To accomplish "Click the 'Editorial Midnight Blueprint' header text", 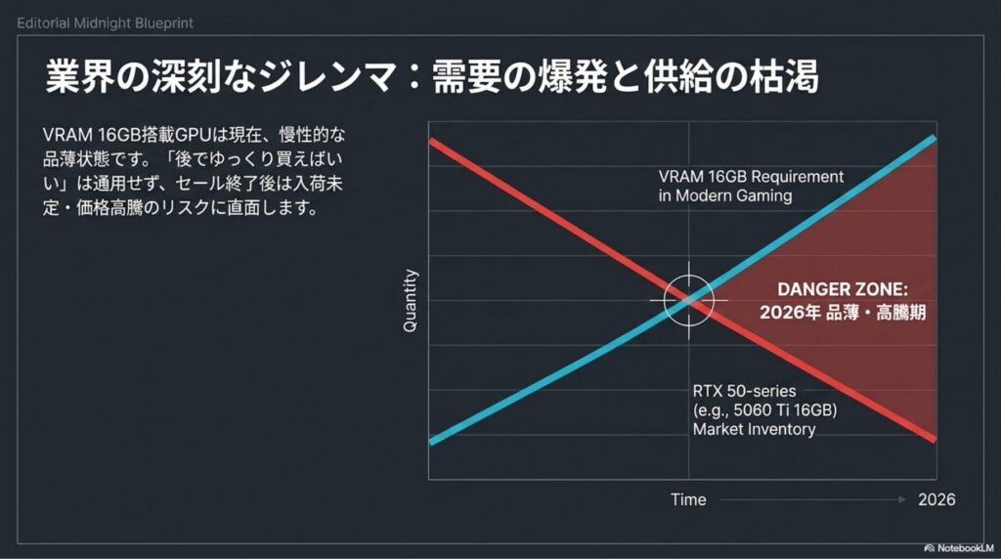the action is pyautogui.click(x=105, y=23).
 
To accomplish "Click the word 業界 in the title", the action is pyautogui.click(x=80, y=77).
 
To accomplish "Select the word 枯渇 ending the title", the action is pyautogui.click(x=784, y=77).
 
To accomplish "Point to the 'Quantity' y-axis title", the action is pyautogui.click(x=410, y=300).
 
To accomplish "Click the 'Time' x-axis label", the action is pyautogui.click(x=688, y=499).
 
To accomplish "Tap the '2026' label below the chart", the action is pyautogui.click(x=936, y=499).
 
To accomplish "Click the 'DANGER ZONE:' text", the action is pyautogui.click(x=842, y=289).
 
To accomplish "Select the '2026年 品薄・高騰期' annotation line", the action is pyautogui.click(x=842, y=313).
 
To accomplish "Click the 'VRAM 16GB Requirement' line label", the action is pyautogui.click(x=751, y=177).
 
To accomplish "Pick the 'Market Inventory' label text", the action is pyautogui.click(x=754, y=429).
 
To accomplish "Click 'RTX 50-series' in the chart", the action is pyautogui.click(x=744, y=391).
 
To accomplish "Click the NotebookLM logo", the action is pyautogui.click(x=929, y=548).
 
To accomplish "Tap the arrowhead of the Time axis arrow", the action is pyautogui.click(x=902, y=499).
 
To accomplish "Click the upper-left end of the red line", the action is pyautogui.click(x=432, y=141).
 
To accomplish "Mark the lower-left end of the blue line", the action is pyautogui.click(x=432, y=441).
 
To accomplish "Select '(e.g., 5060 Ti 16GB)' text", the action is pyautogui.click(x=764, y=410).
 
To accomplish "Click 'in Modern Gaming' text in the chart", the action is pyautogui.click(x=725, y=195).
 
